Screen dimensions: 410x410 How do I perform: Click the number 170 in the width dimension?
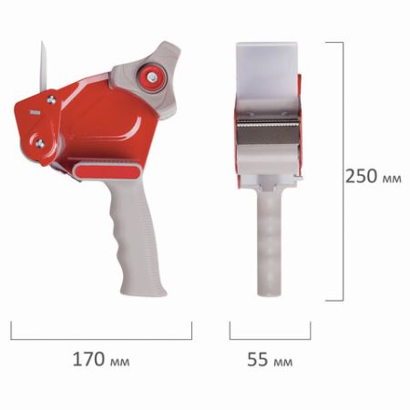88,361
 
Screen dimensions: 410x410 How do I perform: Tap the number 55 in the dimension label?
258,361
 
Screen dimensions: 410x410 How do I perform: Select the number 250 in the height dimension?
362,176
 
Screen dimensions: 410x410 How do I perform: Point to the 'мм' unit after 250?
393,177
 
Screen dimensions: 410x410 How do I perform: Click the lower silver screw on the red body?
40,141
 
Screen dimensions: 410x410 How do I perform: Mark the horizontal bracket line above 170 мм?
100,336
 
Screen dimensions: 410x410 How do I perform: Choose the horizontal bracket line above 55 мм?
270,336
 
